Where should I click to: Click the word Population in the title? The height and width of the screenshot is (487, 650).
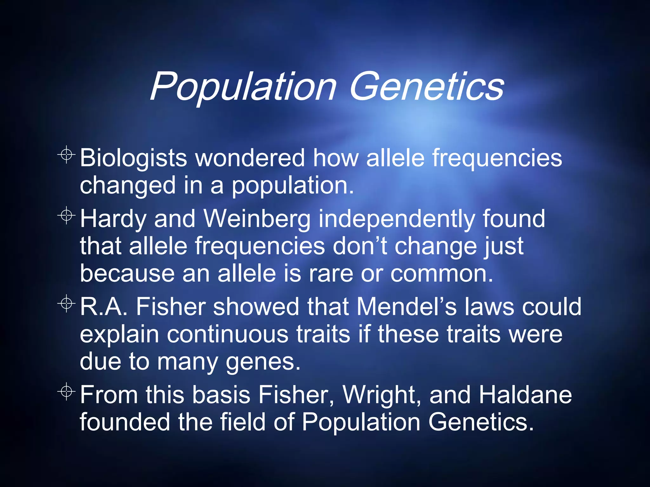[x=243, y=87]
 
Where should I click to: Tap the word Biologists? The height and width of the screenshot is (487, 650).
[x=133, y=158]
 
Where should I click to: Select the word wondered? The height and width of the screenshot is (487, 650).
[x=250, y=158]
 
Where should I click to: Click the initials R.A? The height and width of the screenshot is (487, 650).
[x=103, y=307]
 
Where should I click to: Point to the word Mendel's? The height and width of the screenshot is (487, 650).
[x=407, y=307]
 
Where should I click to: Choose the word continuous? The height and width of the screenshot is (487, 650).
[x=227, y=334]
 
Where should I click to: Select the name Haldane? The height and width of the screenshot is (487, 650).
[x=525, y=395]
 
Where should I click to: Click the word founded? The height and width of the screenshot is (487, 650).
[x=125, y=422]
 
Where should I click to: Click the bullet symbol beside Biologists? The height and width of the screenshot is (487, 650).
[x=66, y=155]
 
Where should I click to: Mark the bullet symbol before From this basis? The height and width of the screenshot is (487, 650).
[x=66, y=392]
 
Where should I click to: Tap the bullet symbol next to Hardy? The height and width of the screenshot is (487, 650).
[x=66, y=216]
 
